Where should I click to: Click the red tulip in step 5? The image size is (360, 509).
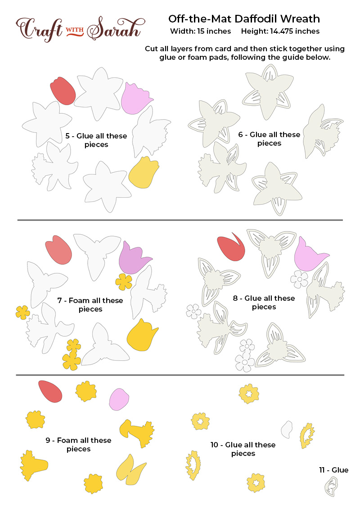tap(63, 91)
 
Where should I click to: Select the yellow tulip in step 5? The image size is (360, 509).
tap(144, 173)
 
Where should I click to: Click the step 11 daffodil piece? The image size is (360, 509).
tap(332, 487)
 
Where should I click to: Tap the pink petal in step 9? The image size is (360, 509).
tap(119, 399)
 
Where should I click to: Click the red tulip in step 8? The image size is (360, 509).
tap(231, 248)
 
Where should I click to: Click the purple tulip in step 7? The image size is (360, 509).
tap(134, 259)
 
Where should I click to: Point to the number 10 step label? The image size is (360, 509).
tap(215, 445)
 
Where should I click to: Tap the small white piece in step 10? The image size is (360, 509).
tap(287, 429)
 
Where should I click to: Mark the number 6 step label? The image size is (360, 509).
tap(240, 134)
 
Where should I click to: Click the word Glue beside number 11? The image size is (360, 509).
tap(340, 470)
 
